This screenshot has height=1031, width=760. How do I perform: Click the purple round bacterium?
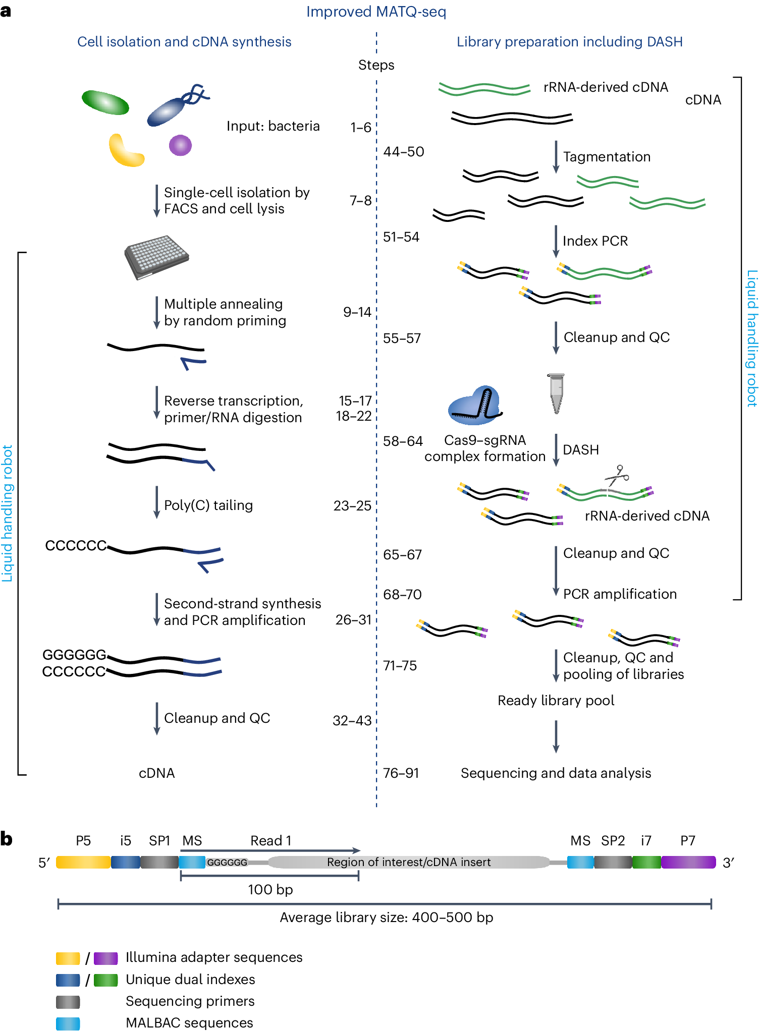[180, 145]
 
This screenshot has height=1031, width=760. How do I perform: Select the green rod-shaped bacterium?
[105, 102]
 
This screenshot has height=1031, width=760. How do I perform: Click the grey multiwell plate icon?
[156, 256]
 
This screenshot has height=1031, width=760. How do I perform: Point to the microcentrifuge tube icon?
[556, 393]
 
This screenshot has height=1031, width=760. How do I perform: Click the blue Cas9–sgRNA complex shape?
[473, 407]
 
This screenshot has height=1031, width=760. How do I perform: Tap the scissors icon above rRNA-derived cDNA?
[617, 475]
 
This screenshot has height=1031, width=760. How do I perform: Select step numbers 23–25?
[352, 505]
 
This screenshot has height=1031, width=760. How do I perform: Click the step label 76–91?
[401, 773]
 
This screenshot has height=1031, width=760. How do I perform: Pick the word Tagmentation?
[607, 157]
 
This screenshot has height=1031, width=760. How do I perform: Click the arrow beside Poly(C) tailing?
[157, 502]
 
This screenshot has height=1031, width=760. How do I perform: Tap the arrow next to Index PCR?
[556, 242]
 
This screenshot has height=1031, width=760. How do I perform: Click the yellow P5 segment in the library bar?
[83, 862]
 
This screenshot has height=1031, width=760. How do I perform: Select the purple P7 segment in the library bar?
[688, 862]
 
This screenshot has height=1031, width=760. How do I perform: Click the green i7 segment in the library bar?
[646, 862]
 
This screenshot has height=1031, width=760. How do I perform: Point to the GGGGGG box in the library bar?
[227, 863]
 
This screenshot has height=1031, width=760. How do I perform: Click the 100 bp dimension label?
[270, 889]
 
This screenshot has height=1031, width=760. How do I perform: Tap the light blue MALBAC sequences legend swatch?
[68, 1023]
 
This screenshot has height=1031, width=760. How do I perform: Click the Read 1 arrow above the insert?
[270, 850]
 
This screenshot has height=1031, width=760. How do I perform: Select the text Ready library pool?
[556, 700]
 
